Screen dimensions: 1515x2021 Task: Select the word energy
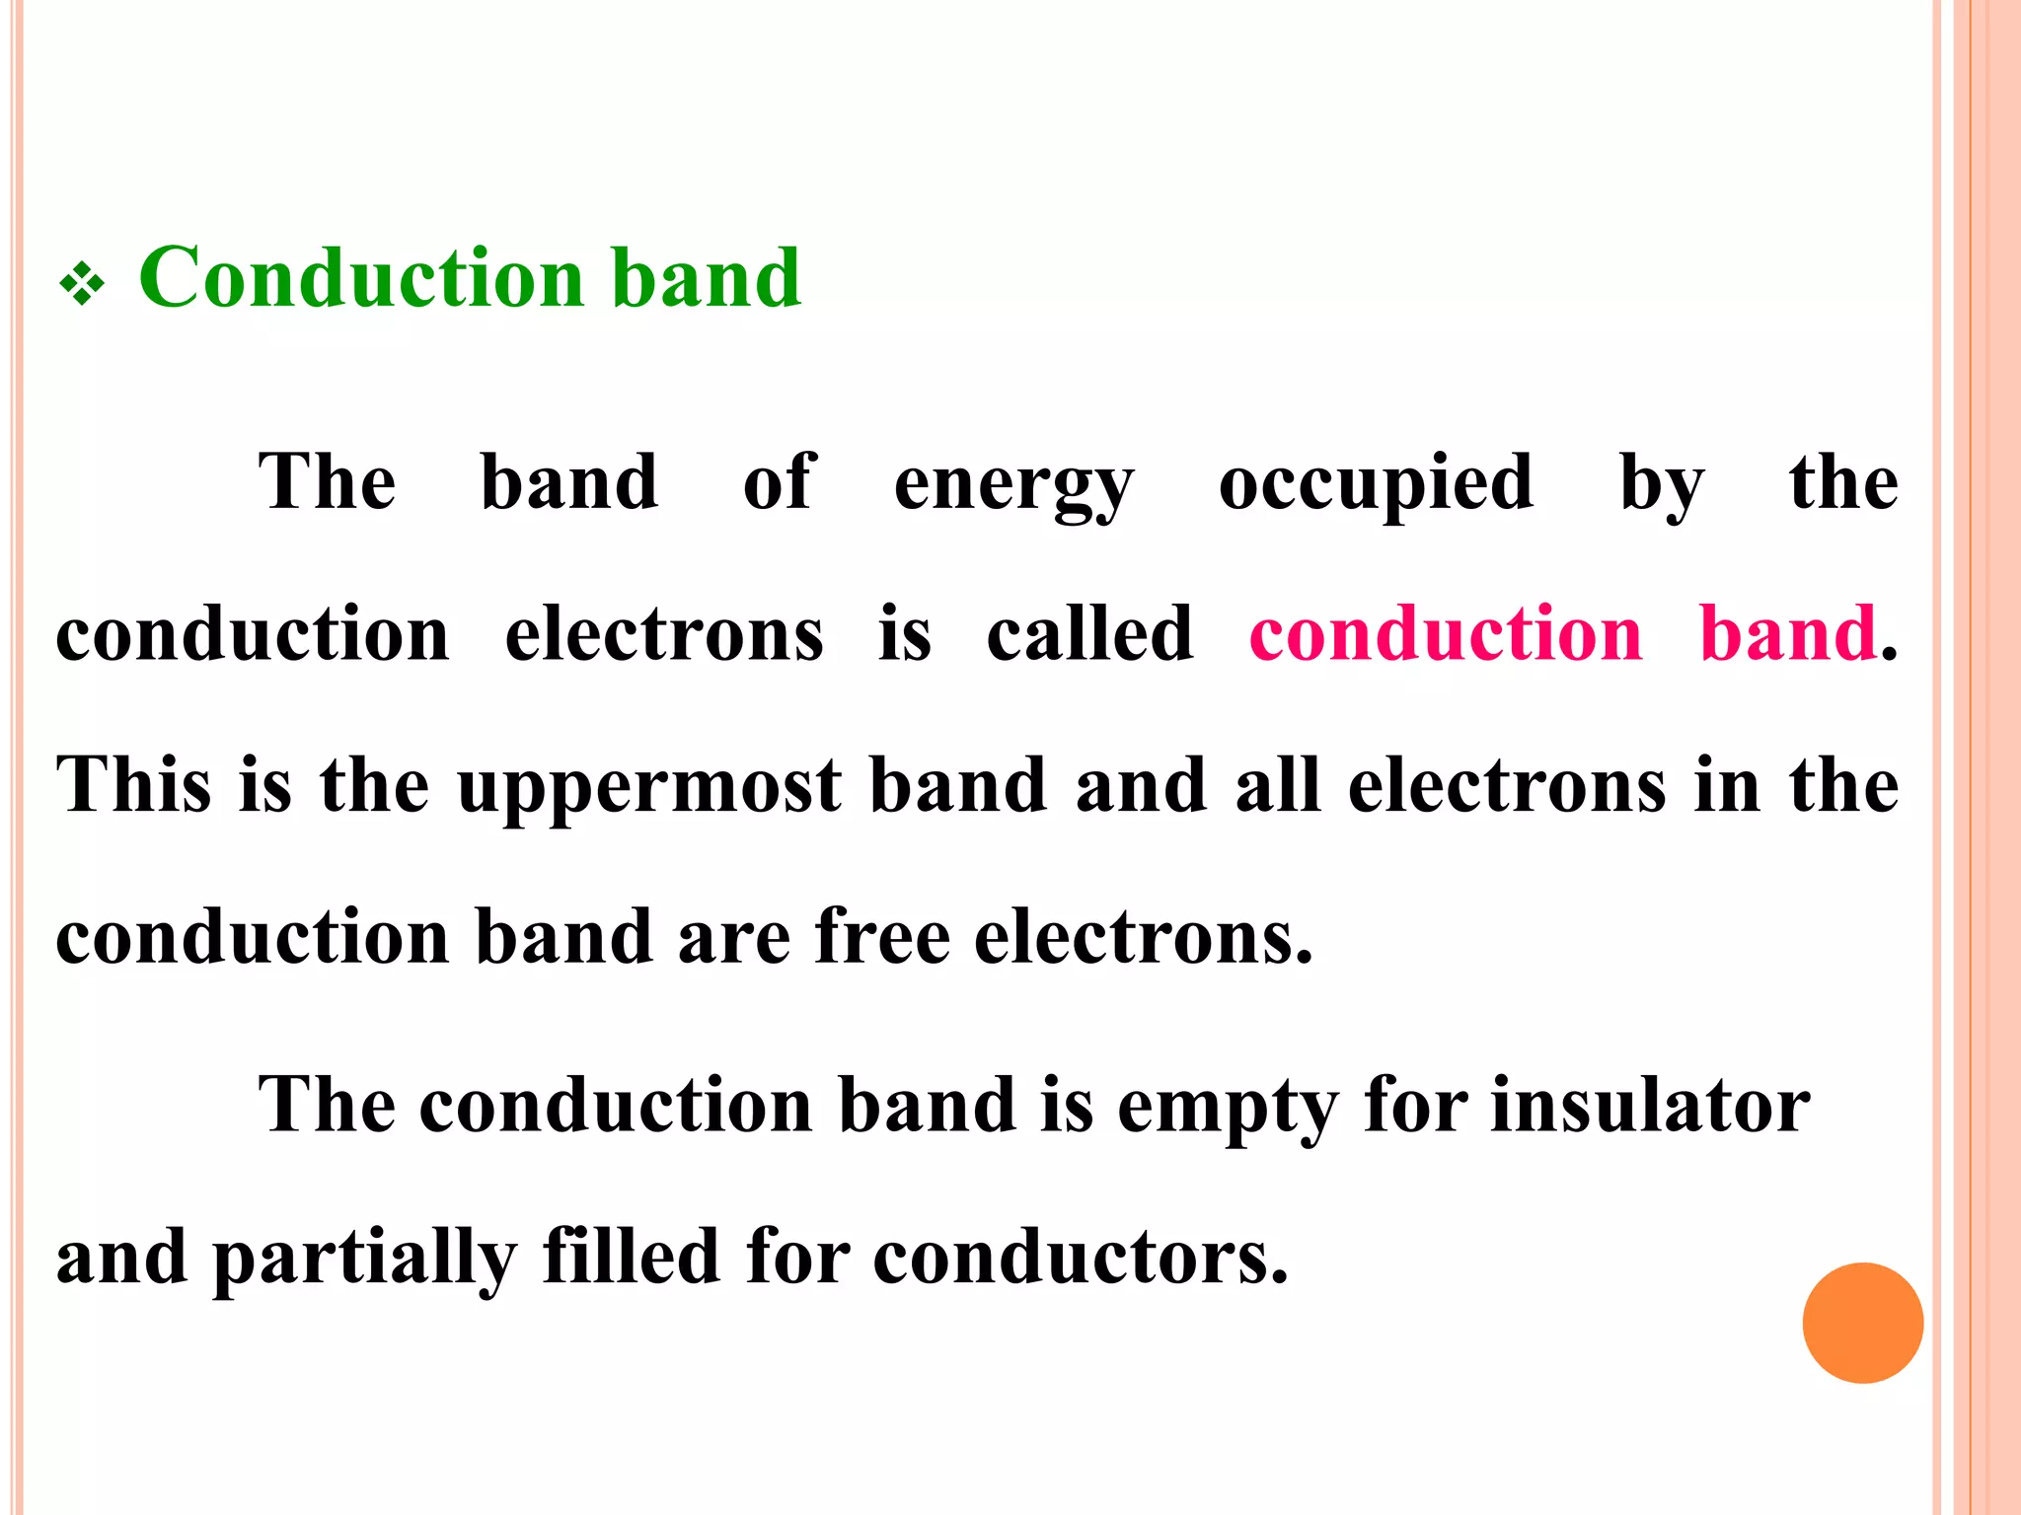coord(1013,483)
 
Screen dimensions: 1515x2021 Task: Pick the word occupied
coord(1376,483)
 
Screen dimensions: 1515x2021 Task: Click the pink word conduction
coord(1446,633)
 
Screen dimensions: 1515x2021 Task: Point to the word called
coord(1089,633)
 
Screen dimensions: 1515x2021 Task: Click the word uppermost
coord(649,786)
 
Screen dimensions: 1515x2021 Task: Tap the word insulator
coord(1650,1105)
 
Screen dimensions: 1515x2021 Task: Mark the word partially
coord(364,1258)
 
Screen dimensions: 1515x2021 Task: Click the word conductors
coord(1081,1258)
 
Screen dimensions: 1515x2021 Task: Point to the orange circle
coord(1862,1323)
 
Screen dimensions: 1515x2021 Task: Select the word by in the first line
coord(1662,483)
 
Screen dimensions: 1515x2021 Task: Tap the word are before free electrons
coord(734,938)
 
